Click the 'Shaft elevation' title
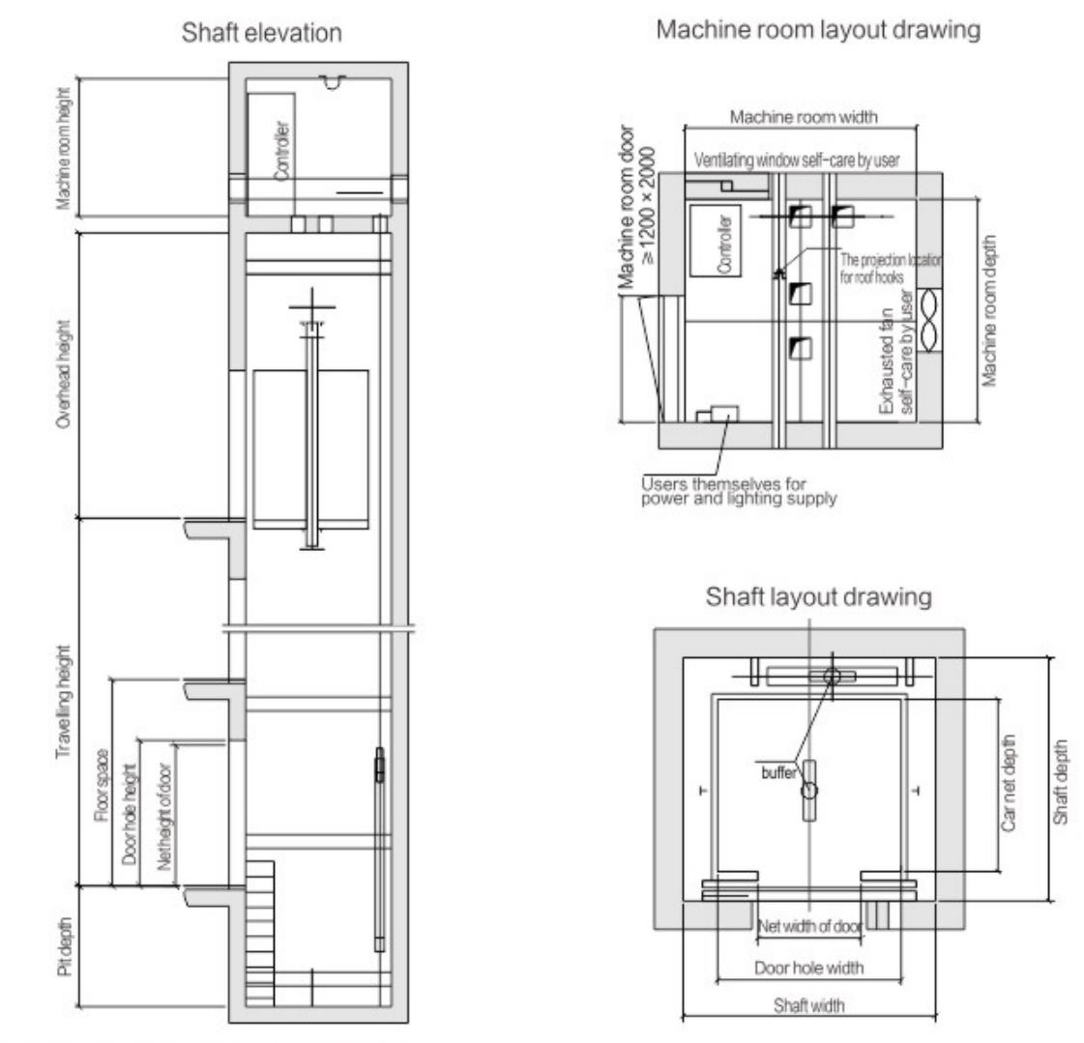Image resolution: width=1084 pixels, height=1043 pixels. coord(261,33)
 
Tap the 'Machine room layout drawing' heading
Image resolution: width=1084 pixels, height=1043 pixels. coord(818,30)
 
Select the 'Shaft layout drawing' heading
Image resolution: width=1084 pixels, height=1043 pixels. coord(818,596)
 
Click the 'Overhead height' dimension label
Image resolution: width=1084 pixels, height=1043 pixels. coord(64,374)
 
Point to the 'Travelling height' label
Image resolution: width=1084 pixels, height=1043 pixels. coord(64,702)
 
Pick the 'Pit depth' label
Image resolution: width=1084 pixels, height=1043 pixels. coord(64,947)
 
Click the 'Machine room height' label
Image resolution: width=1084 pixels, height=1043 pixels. coord(64,148)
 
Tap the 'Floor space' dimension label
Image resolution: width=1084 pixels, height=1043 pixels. coord(102,786)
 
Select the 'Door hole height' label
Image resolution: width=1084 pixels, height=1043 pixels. coord(130,814)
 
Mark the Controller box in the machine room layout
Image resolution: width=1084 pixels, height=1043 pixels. coord(716,242)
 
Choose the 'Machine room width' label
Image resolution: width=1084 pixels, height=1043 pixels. coord(804,117)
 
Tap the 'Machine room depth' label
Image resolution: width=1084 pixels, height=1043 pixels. coord(990,310)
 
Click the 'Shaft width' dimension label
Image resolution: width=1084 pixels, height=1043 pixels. coord(808,1005)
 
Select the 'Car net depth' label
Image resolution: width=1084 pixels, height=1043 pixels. coord(1009,783)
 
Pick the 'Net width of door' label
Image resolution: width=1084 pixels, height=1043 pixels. coord(810,925)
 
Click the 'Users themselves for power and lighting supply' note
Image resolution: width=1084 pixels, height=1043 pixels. coord(739,491)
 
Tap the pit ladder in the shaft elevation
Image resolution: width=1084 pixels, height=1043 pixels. coord(261,934)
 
